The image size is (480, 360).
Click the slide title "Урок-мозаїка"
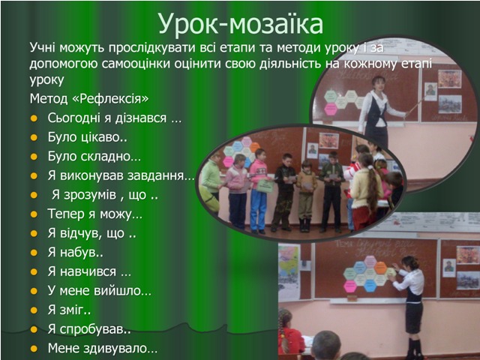(241, 24)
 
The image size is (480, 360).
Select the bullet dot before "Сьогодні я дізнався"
(34, 118)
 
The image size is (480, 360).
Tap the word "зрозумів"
(90, 195)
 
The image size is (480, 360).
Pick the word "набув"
(77, 253)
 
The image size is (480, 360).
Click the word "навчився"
(88, 271)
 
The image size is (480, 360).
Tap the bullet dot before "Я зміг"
(34, 310)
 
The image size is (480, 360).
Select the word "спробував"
(92, 330)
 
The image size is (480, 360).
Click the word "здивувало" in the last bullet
(117, 349)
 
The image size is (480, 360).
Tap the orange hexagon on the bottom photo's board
(380, 268)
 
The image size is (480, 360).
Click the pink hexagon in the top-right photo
(331, 109)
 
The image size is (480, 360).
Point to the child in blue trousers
(258, 190)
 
